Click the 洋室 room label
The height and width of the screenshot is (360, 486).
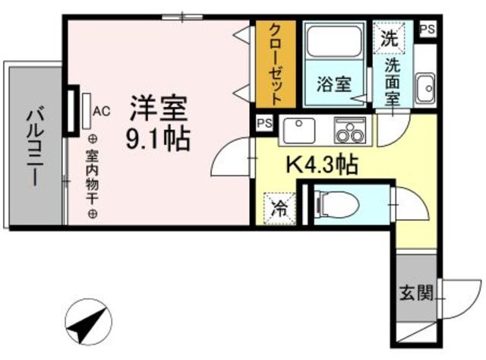tap(157, 108)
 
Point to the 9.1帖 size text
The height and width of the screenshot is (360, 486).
tap(158, 139)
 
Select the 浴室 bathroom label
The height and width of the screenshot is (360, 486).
tap(333, 84)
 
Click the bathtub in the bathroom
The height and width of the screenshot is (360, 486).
tap(334, 47)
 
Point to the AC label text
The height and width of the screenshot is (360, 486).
tap(102, 111)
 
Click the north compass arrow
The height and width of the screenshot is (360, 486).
tap(86, 324)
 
